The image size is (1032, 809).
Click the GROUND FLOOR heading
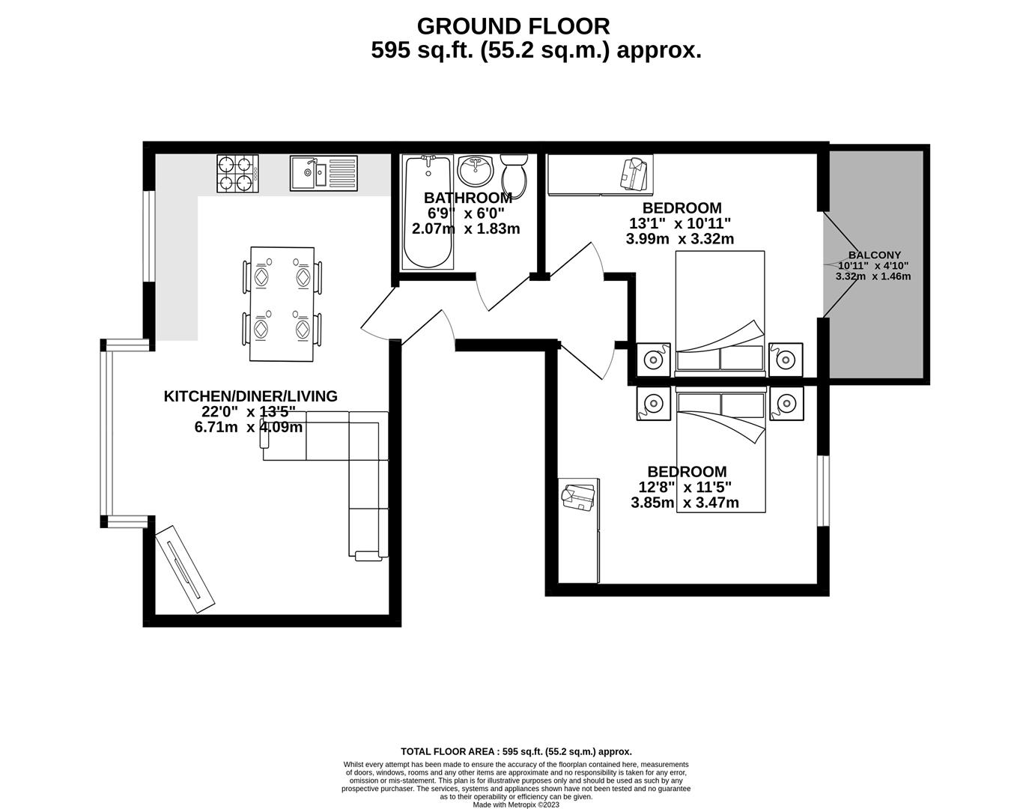(513, 26)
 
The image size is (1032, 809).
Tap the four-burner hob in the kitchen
(237, 173)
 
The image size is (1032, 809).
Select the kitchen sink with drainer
(324, 173)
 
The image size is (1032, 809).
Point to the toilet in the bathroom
(514, 175)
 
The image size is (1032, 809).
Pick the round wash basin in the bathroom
(474, 171)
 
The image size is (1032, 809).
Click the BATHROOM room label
(467, 198)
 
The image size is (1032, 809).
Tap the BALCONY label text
(875, 255)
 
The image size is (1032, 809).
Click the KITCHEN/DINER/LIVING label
(251, 396)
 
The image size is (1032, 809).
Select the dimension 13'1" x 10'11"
(679, 223)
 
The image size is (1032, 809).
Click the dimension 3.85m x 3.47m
(685, 503)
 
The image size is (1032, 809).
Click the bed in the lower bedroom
(720, 449)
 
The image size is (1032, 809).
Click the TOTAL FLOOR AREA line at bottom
(516, 751)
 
